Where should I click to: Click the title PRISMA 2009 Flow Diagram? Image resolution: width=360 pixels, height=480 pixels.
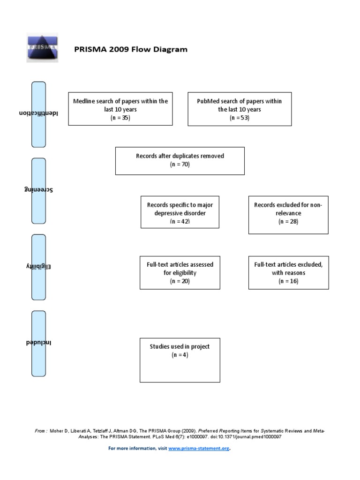point(131,49)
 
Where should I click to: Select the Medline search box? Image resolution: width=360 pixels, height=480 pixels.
point(120,109)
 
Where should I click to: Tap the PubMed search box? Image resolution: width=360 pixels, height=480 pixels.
point(240,109)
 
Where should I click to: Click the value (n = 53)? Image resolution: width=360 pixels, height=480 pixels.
point(240,118)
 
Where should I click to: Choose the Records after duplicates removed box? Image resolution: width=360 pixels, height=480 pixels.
point(180,161)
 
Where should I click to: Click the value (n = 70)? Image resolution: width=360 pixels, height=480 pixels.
point(180,165)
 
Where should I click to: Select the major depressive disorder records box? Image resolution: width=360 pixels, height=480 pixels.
point(180,212)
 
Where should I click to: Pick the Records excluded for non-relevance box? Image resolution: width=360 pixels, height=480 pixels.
point(288,214)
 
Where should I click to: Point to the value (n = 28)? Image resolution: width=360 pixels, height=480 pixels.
point(288,222)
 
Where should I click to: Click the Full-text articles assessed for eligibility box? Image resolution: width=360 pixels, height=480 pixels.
point(180,272)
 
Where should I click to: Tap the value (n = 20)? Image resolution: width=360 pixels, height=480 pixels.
point(180,281)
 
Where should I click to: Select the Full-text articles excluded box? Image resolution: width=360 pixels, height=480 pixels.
point(288,272)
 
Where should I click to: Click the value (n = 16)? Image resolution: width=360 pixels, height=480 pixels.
point(288,281)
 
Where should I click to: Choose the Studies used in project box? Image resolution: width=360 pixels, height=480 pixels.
point(180,360)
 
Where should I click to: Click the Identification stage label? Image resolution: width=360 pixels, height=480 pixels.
point(38,114)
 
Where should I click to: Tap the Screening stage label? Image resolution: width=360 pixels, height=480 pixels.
point(38,190)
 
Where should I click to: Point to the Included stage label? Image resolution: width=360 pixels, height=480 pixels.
point(38,343)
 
